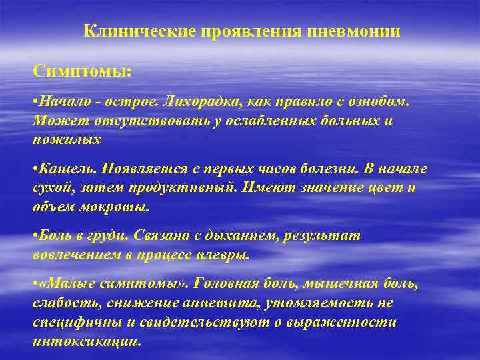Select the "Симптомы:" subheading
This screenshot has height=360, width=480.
point(83,71)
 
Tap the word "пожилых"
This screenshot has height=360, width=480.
point(67,139)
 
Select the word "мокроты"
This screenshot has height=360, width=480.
point(118,206)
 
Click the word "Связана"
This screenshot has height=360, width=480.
point(160,236)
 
